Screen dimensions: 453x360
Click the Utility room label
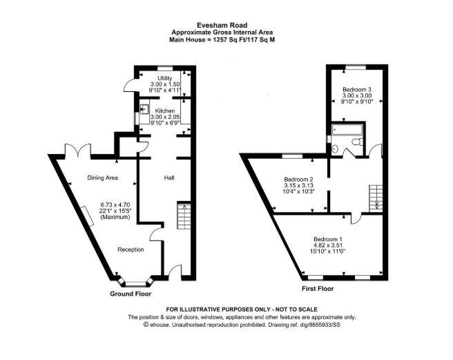[x=165, y=78]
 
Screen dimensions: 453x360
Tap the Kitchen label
[x=165, y=111]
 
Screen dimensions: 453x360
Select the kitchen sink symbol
[x=144, y=110]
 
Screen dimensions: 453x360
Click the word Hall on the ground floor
[x=169, y=178]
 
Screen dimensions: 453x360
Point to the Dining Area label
[x=103, y=178]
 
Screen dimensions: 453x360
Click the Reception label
[x=131, y=249]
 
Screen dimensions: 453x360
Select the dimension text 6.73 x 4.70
[x=115, y=205]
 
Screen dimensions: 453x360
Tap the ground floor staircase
[x=184, y=216]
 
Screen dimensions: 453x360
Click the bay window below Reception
[x=136, y=283]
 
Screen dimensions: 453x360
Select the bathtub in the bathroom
[x=347, y=129]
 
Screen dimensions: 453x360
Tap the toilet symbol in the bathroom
[x=358, y=142]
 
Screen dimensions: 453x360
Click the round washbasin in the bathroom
[x=334, y=149]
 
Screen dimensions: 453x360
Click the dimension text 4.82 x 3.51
[x=327, y=245]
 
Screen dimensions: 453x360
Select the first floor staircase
[x=376, y=198]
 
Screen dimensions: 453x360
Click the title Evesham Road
[x=222, y=26]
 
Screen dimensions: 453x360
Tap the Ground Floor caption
[x=131, y=294]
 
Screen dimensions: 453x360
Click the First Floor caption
[x=318, y=289]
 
